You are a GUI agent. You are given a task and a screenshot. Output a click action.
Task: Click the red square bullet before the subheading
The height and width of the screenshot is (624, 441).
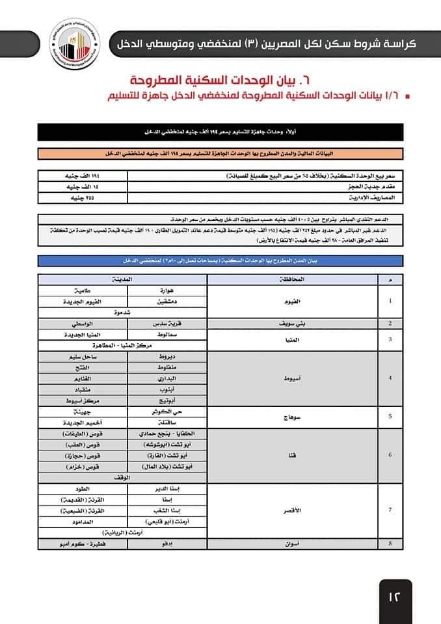point(407,97)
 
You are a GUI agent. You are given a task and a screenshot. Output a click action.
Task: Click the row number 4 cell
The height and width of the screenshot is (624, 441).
point(390,378)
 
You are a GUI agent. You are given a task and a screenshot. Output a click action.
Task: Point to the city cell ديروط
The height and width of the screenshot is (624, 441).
point(168,357)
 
